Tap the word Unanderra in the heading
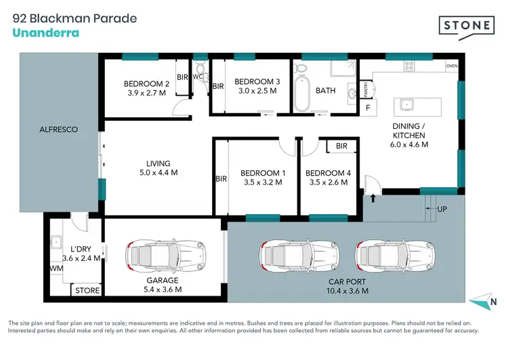[46, 33]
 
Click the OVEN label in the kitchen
[452, 66]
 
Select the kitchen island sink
[408, 104]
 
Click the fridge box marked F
[368, 108]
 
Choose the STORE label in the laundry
[87, 291]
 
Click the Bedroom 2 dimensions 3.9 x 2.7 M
[145, 94]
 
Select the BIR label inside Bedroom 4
[341, 146]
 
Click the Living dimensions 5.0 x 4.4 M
[158, 173]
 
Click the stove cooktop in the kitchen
[409, 66]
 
